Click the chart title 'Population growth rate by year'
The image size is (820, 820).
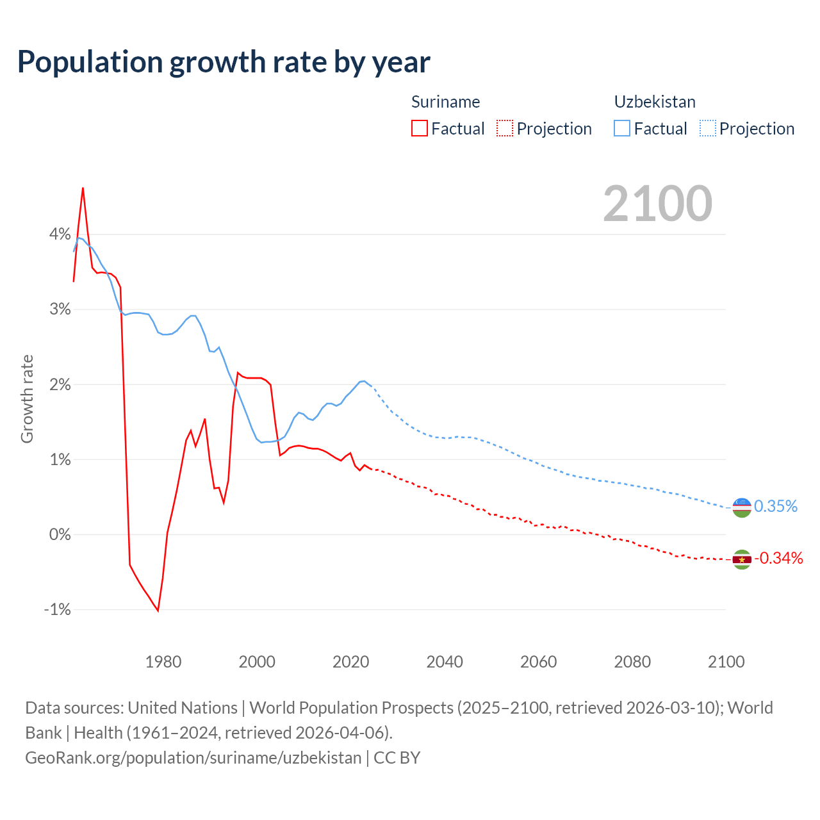(x=224, y=62)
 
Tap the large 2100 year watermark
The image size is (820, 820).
(x=657, y=204)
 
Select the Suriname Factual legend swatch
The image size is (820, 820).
(x=420, y=128)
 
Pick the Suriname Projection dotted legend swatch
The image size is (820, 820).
(x=505, y=128)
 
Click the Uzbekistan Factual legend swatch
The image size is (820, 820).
(x=622, y=128)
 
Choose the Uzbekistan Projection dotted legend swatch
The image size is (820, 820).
(x=707, y=128)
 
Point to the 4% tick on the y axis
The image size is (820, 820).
(x=60, y=234)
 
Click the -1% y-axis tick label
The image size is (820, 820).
(x=58, y=609)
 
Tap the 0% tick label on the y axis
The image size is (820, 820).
(x=60, y=534)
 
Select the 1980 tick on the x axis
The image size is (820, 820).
(x=163, y=662)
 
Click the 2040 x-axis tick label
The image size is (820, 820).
(x=445, y=662)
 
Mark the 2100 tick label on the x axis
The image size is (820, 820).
(x=726, y=662)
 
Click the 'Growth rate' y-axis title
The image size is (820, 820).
(x=27, y=398)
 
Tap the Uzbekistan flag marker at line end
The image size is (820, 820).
(x=742, y=507)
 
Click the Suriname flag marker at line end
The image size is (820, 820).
(x=742, y=559)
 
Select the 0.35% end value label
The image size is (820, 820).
(x=776, y=507)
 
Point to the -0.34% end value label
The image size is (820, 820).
(x=778, y=559)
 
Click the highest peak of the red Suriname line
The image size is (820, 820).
(x=83, y=188)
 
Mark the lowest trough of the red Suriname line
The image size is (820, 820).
(x=158, y=611)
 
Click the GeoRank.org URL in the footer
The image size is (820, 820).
(x=193, y=758)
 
